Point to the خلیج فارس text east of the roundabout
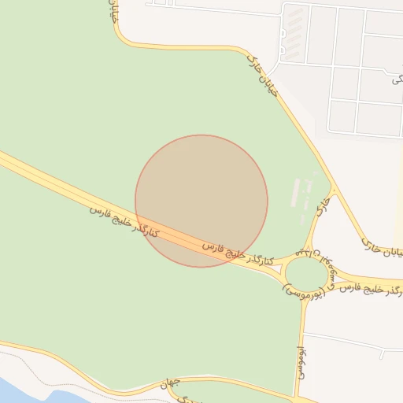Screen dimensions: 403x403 click(x=358, y=288)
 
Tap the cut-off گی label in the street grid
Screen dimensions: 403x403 click(x=396, y=79)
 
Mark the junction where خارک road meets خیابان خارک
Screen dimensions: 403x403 click(x=334, y=190)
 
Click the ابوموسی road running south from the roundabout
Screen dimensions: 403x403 click(x=301, y=331)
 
